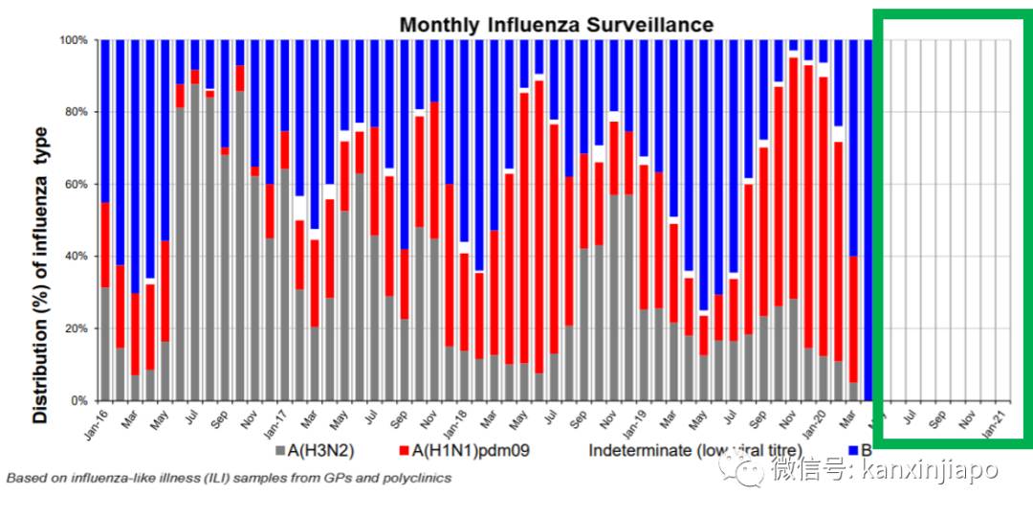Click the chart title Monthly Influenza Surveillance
[x=556, y=24]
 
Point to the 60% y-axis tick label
[x=76, y=184]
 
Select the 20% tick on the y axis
[x=76, y=328]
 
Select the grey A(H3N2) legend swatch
[x=279, y=450]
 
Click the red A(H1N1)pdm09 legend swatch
[x=404, y=450]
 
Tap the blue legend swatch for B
[x=853, y=450]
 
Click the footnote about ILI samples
[x=228, y=477]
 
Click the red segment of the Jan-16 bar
[x=105, y=244]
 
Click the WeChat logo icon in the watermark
[x=741, y=468]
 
